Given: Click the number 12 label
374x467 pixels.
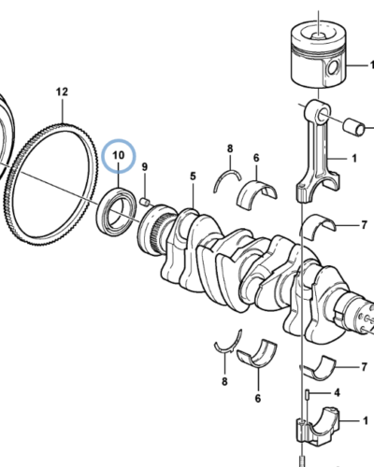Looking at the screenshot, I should [x=62, y=92].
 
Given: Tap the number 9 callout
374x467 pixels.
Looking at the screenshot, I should [x=145, y=169].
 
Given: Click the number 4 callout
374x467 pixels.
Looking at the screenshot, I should [x=337, y=393].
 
